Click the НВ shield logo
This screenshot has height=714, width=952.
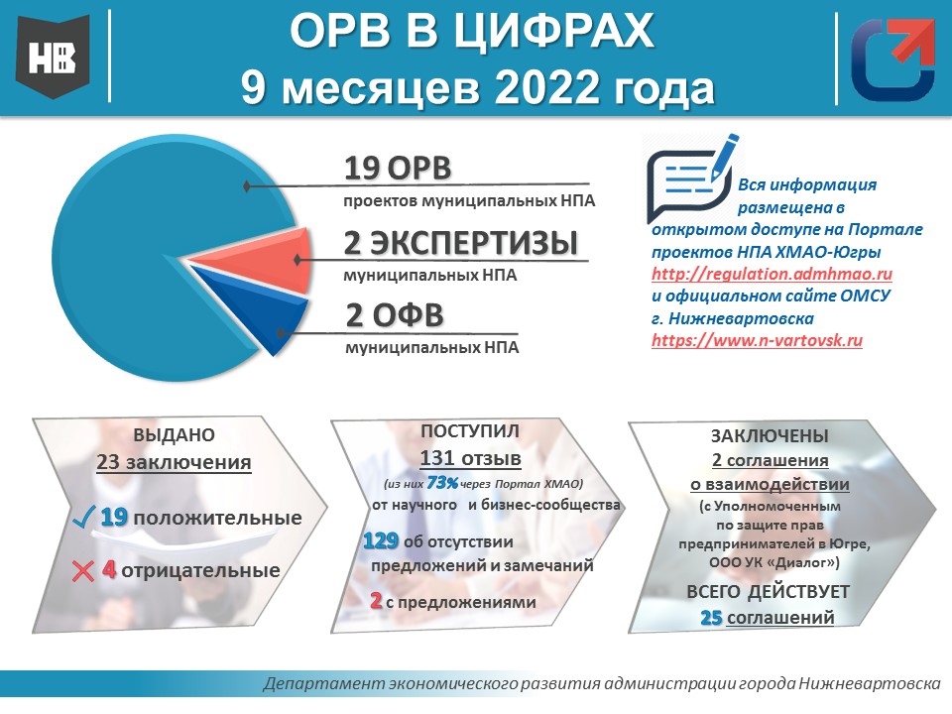[x=53, y=58]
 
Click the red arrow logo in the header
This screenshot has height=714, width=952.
[x=892, y=59]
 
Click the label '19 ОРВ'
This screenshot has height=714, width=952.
[x=398, y=169]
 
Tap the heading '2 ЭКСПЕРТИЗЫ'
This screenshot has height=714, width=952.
[x=461, y=243]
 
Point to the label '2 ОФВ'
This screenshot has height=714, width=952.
[x=395, y=315]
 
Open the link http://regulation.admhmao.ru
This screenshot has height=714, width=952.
[x=772, y=274]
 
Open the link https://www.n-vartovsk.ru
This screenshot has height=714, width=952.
[x=757, y=340]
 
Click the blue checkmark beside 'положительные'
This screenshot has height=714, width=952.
[x=83, y=517]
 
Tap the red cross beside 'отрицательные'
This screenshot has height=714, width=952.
[x=83, y=571]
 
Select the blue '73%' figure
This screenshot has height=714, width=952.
[x=442, y=483]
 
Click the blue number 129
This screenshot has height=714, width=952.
[x=381, y=540]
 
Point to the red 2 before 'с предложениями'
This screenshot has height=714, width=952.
[x=376, y=601]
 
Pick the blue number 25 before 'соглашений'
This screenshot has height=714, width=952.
[x=711, y=618]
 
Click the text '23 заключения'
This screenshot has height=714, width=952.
[x=174, y=462]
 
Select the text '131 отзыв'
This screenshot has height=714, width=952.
[x=470, y=458]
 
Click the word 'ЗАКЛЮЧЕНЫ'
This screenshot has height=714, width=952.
[x=770, y=435]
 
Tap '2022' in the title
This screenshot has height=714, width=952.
[x=547, y=87]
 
